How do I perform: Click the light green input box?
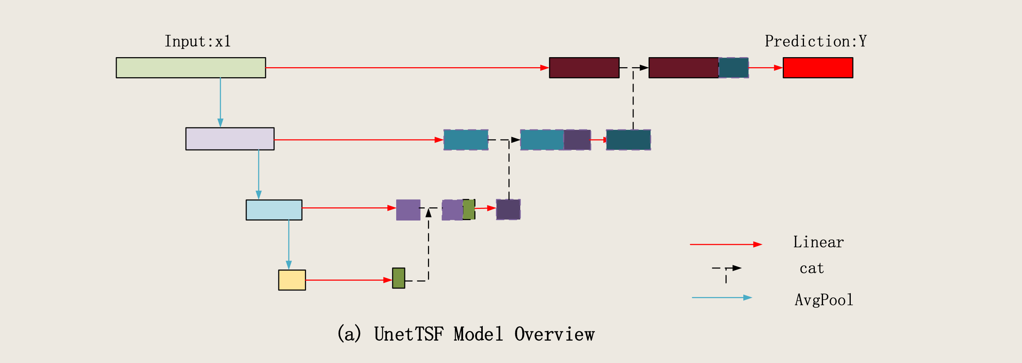pos(191,68)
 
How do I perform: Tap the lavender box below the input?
pos(230,139)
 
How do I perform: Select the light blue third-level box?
pos(274,210)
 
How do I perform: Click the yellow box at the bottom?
pos(292,280)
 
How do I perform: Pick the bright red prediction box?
pos(818,68)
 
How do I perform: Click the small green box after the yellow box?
pos(399,278)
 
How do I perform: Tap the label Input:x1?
pos(198,41)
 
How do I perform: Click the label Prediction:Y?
pos(816,41)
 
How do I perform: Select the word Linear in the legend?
pos(818,242)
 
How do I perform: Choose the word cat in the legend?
pos(812,269)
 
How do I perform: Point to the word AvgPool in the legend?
pos(824,300)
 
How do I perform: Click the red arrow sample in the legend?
pos(726,244)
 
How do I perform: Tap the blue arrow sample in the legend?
pos(722,298)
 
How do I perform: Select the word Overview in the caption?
pos(554,334)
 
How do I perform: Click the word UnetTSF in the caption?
pos(409,334)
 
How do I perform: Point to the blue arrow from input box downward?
pos(220,103)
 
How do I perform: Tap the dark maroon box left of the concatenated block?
pos(584,68)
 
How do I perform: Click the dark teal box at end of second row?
pos(629,140)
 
